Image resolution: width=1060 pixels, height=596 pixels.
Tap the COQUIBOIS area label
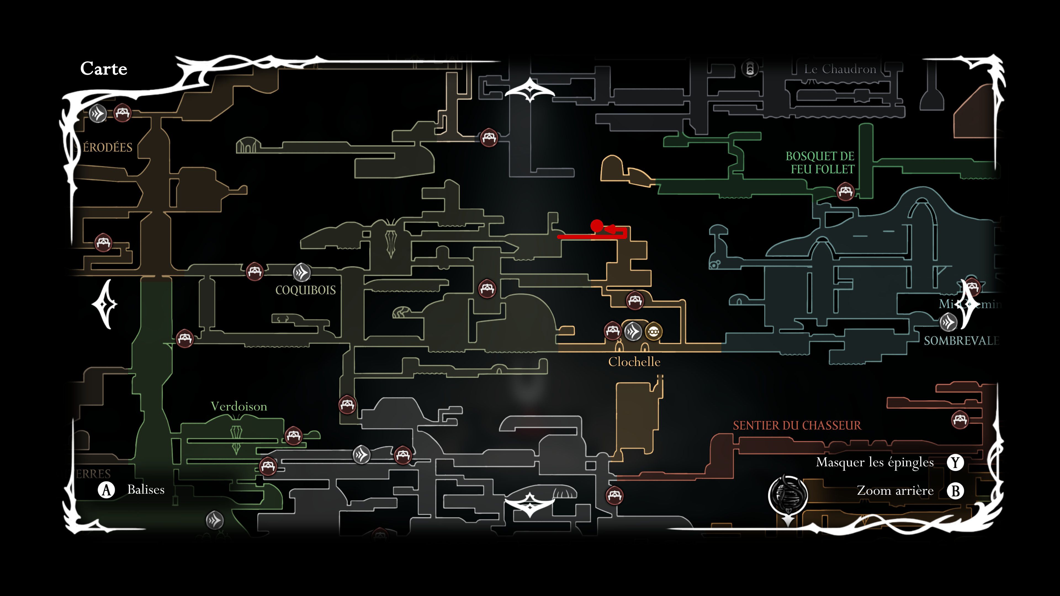click(x=305, y=290)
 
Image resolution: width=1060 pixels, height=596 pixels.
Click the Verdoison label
click(x=239, y=406)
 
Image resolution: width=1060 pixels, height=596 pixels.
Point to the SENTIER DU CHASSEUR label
click(x=797, y=425)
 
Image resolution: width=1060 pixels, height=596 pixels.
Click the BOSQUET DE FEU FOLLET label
click(x=820, y=163)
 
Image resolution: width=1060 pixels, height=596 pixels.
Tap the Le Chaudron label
click(x=840, y=69)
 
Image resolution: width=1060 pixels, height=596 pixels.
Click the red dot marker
click(x=597, y=226)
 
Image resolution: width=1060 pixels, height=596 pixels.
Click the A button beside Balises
click(x=106, y=490)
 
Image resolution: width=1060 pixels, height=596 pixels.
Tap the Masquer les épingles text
click(x=875, y=462)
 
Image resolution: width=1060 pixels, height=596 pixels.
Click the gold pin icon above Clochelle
click(x=653, y=331)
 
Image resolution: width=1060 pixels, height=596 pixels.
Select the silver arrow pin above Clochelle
click(x=633, y=331)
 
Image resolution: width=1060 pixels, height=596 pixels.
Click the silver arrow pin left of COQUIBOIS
click(x=302, y=272)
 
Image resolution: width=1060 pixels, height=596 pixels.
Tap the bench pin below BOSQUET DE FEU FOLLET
click(x=845, y=192)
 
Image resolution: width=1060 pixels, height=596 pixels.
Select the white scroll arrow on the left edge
click(x=105, y=304)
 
